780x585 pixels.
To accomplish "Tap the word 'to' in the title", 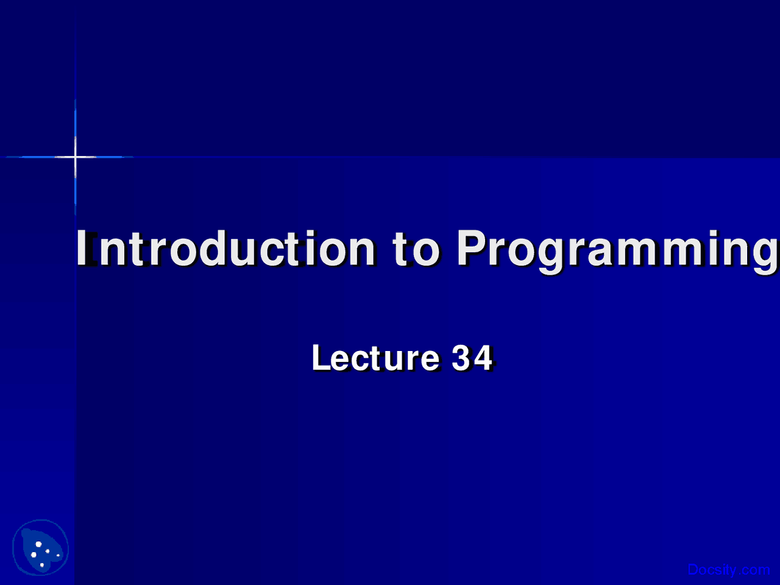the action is (416, 249).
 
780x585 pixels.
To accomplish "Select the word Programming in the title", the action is (618, 251).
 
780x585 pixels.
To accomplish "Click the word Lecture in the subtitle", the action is (376, 358).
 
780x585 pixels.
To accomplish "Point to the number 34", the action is (472, 358).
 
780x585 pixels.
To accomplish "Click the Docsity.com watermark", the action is (729, 570).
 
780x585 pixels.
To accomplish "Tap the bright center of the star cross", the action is (76, 157).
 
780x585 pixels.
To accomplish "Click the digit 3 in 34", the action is (461, 358).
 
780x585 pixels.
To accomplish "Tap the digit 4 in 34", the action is (483, 358).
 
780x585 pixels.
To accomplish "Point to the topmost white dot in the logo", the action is (38, 544).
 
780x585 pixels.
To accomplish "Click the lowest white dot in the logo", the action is (42, 565).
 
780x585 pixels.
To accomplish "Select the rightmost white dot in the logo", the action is (58, 555).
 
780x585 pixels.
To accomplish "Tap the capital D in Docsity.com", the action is (693, 570).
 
